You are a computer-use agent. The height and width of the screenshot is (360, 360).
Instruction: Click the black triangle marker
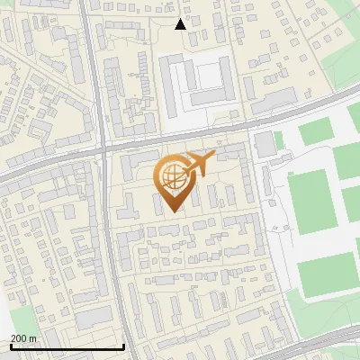(x=180, y=24)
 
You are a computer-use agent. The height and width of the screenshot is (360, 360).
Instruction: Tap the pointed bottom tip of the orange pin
(x=172, y=211)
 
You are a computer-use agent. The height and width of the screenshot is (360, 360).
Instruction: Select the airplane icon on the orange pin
(x=196, y=163)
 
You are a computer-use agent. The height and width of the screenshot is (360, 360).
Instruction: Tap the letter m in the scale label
(x=33, y=339)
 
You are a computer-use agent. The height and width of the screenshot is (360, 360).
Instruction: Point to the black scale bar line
(x=67, y=347)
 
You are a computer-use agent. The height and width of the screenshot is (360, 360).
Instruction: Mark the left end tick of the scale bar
(x=10, y=346)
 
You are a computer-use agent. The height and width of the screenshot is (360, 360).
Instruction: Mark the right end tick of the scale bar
(x=123, y=346)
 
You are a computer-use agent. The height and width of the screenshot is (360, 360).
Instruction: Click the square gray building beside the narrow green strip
(x=265, y=142)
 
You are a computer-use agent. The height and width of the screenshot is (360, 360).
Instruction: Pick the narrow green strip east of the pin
(x=279, y=140)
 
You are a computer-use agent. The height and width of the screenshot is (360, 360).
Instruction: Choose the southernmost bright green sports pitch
(x=327, y=274)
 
